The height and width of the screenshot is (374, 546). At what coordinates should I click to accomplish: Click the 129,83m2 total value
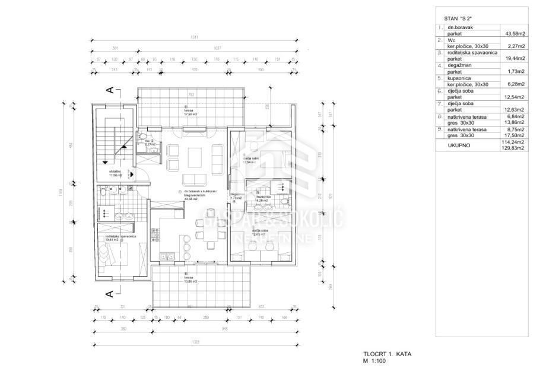[513, 148]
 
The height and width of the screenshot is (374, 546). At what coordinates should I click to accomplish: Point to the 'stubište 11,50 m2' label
[115, 173]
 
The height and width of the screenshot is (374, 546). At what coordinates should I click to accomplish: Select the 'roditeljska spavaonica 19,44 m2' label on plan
[121, 238]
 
